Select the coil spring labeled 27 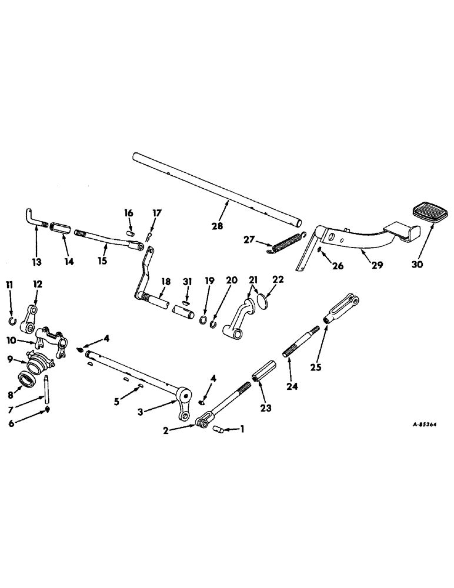coord(286,243)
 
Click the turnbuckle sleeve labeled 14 coord(61,227)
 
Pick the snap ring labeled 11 coord(12,320)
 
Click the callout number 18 coord(165,282)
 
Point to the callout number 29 coord(377,265)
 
